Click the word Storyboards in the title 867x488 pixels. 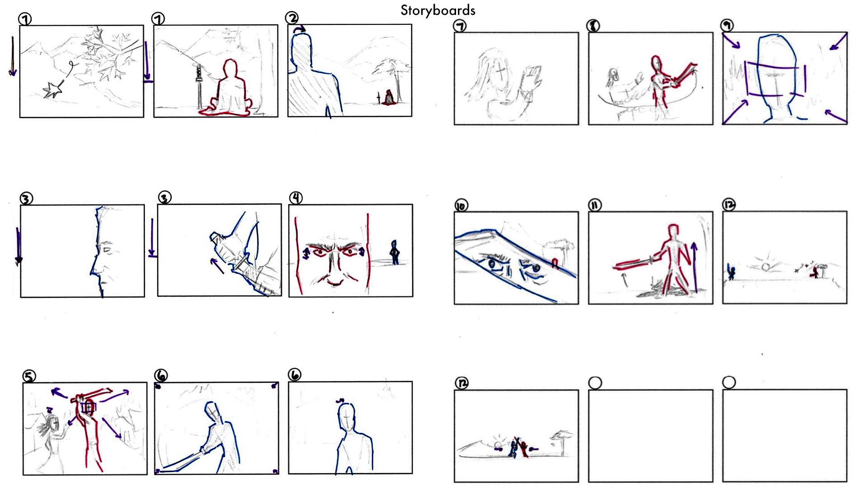coord(438,10)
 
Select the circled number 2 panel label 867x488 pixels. coord(292,18)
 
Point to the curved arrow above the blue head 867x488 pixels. coord(299,29)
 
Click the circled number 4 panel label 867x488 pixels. coord(296,197)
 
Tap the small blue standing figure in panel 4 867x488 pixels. coord(395,253)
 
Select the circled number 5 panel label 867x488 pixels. coord(29,376)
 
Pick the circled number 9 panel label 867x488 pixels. coord(727,25)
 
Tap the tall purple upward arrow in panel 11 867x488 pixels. coord(694,267)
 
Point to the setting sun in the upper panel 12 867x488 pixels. coord(765,267)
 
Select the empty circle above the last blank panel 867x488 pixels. coord(729,382)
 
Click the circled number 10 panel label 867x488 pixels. coord(461,206)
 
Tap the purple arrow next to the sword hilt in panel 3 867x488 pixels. coord(217,266)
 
